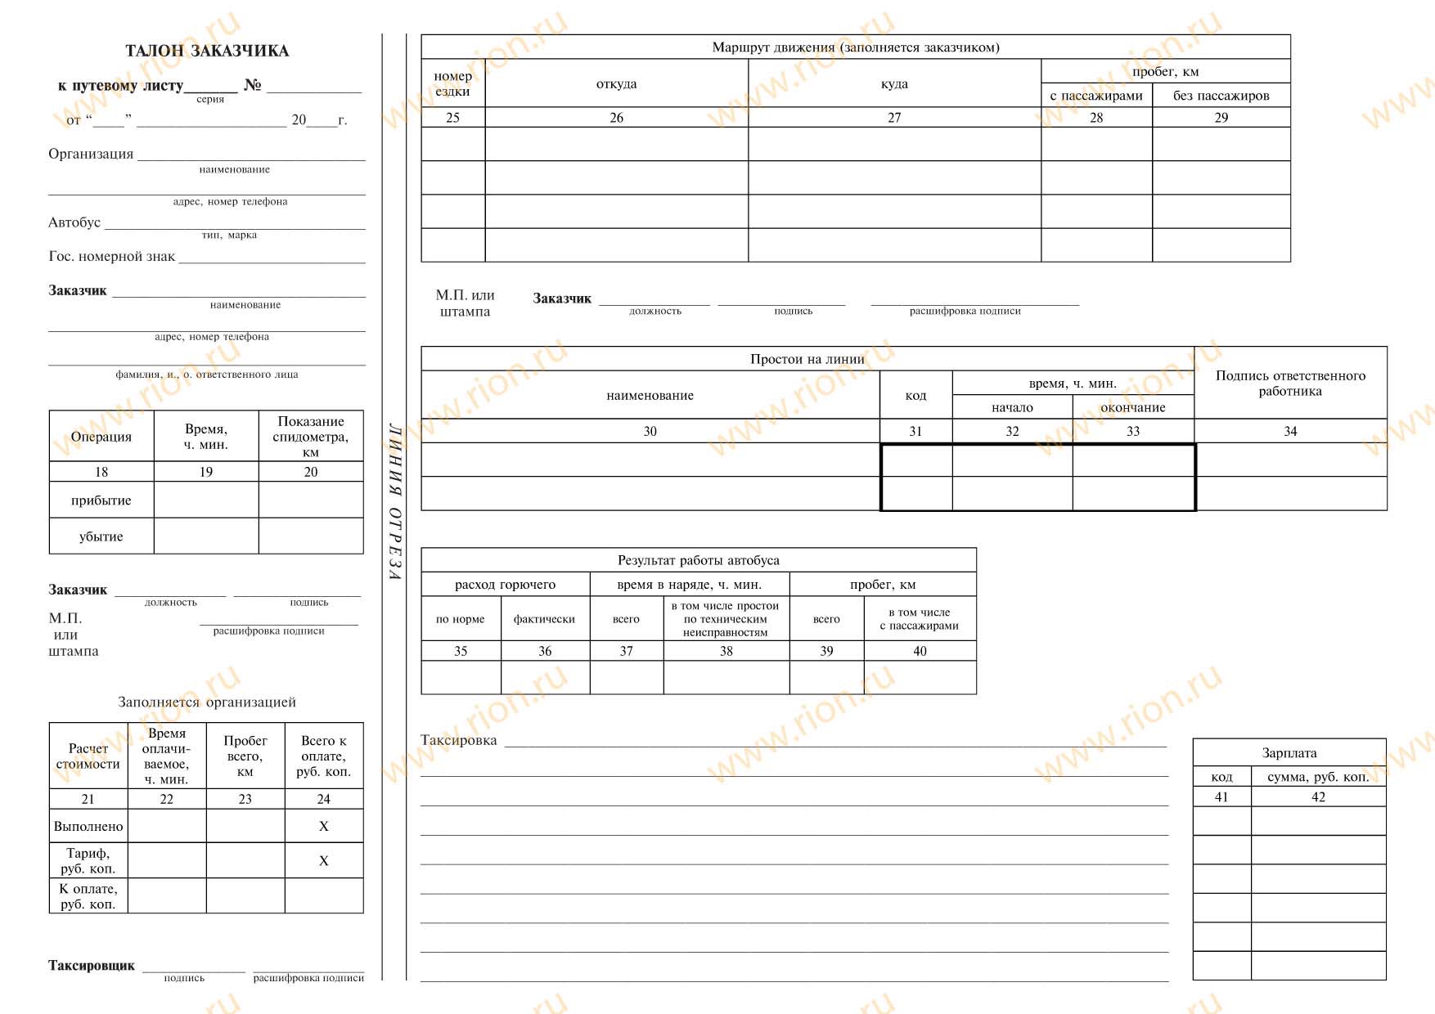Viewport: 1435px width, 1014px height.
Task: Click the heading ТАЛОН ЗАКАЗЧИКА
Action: click(207, 51)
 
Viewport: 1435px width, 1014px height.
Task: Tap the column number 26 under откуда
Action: click(616, 118)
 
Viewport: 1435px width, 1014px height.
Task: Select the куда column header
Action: click(894, 83)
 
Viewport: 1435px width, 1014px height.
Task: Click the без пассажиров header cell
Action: click(1221, 96)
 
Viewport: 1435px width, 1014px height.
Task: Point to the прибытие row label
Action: click(101, 500)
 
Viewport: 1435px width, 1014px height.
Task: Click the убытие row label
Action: click(101, 536)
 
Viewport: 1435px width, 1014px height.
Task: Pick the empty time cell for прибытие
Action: click(206, 500)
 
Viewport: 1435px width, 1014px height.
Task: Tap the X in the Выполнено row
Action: click(323, 827)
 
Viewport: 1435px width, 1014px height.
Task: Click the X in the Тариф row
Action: click(323, 861)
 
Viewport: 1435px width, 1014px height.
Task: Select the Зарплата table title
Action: click(1289, 753)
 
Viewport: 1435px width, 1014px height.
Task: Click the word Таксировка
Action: click(458, 740)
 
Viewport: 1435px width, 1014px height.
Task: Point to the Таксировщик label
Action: click(91, 966)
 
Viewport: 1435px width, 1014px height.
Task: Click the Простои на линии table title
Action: click(807, 359)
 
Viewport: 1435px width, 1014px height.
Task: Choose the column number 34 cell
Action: click(1290, 431)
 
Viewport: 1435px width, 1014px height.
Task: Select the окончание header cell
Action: click(1133, 407)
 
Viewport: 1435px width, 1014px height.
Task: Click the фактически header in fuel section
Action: click(544, 619)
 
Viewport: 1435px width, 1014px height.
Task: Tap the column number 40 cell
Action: click(920, 651)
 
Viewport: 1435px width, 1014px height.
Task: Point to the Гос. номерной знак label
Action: click(111, 256)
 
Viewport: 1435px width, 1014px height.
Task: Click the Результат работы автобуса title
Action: click(698, 560)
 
